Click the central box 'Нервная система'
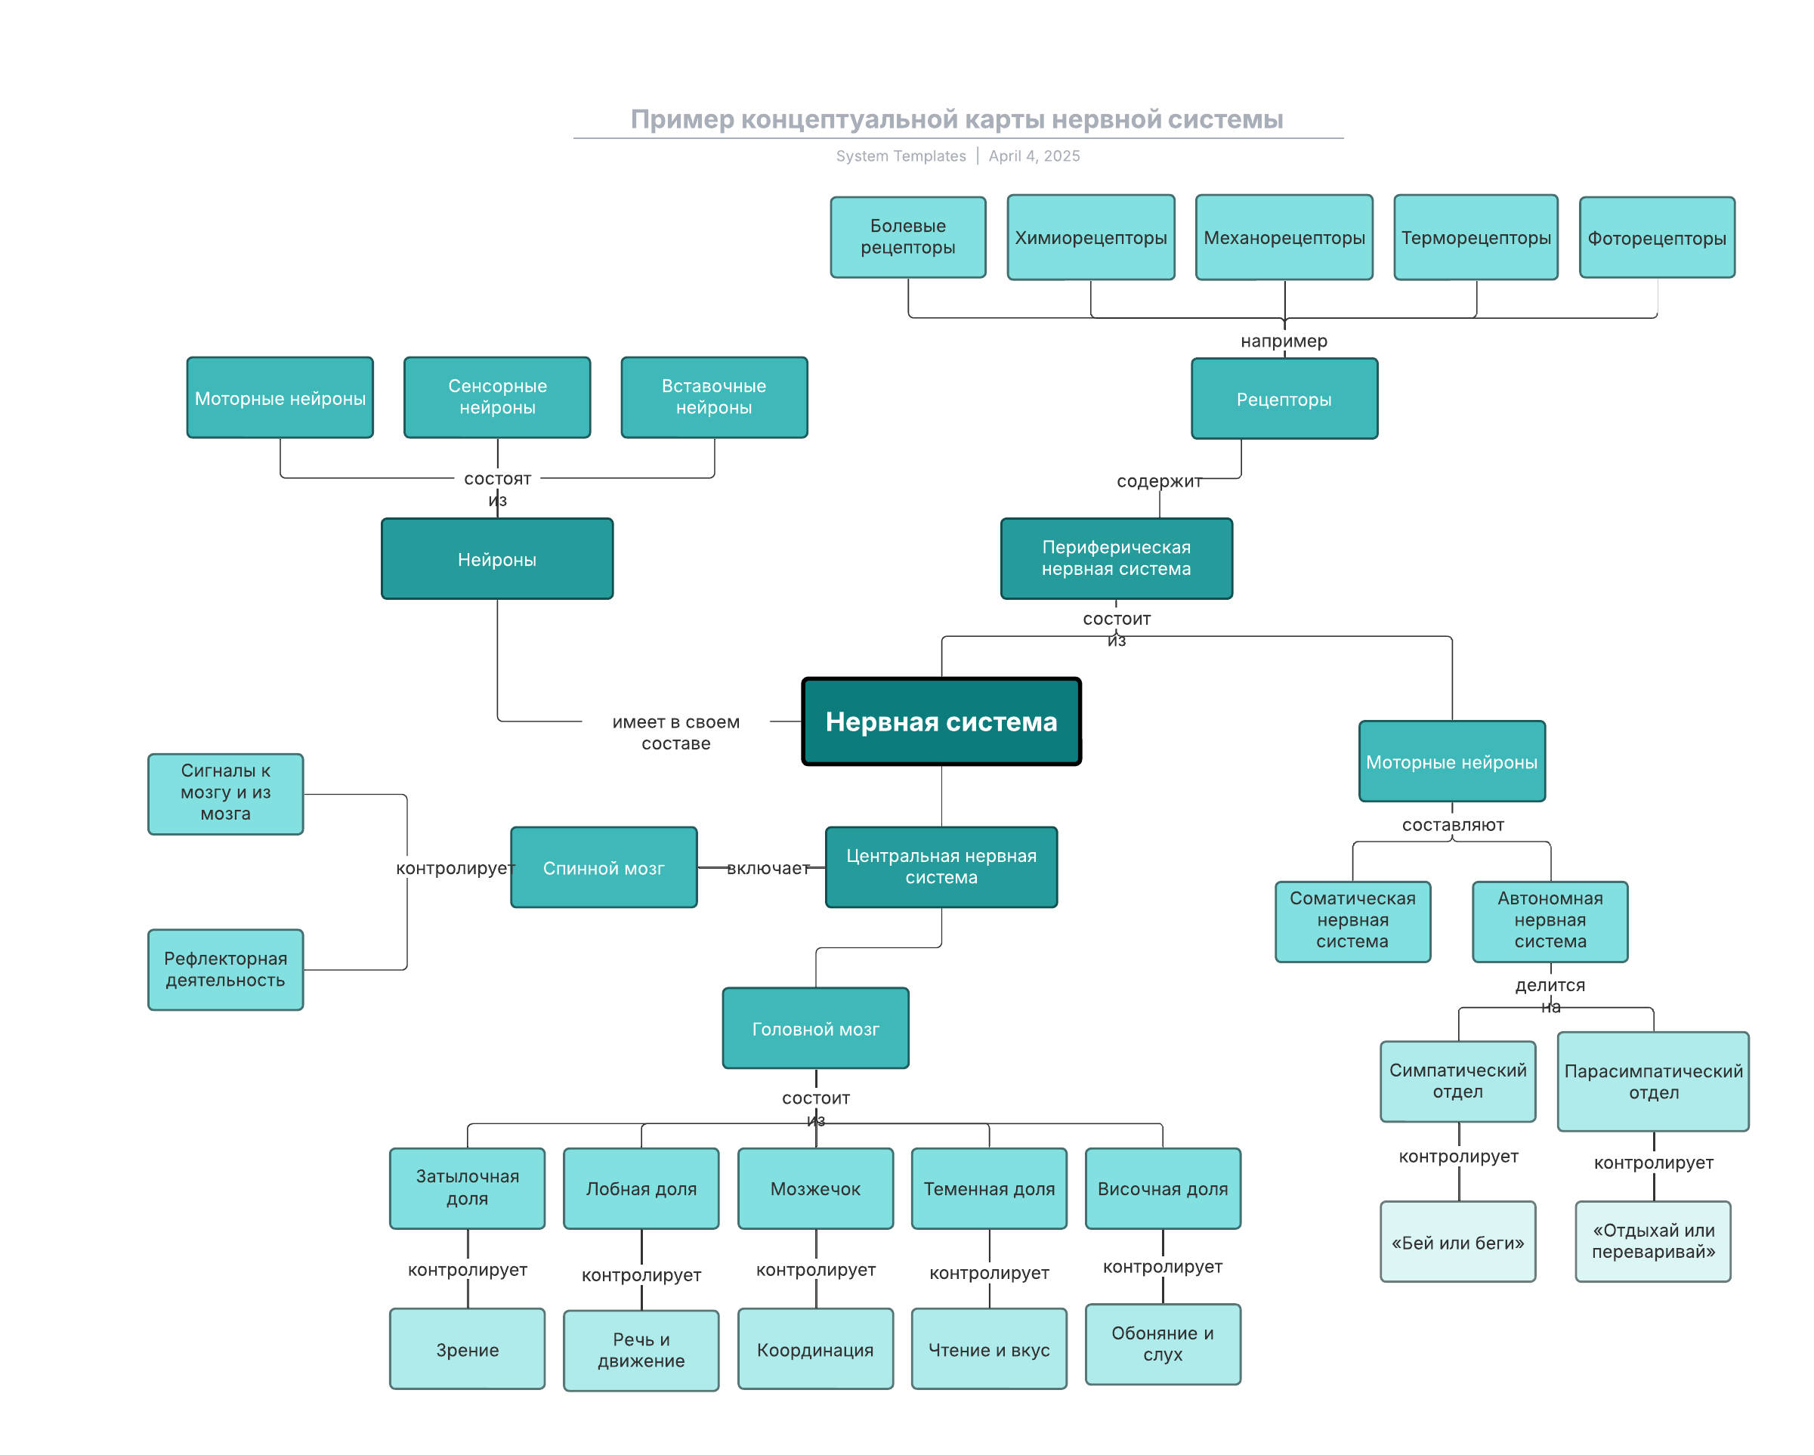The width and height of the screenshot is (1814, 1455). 941,721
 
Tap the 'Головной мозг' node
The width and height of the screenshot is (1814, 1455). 815,1027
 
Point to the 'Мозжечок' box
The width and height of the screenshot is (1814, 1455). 815,1188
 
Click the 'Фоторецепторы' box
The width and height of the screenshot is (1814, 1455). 1657,237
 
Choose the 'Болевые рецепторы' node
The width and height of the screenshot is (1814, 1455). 908,237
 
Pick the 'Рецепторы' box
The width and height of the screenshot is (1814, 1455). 1284,399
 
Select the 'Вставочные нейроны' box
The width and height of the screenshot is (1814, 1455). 714,397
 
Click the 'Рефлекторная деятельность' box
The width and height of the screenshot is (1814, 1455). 225,969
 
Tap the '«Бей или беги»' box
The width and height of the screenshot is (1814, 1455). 1458,1241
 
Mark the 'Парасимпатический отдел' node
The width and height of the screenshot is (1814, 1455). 1653,1081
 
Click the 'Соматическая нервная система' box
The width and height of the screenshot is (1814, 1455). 1353,922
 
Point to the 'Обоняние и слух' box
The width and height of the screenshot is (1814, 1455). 1163,1344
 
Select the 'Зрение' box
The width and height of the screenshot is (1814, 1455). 467,1348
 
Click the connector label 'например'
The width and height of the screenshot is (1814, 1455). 1284,341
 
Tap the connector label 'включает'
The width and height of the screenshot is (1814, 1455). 768,867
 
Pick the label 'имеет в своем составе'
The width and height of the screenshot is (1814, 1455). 675,732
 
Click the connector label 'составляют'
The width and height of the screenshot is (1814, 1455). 1453,825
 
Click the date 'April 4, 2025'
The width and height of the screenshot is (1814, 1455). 1034,156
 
